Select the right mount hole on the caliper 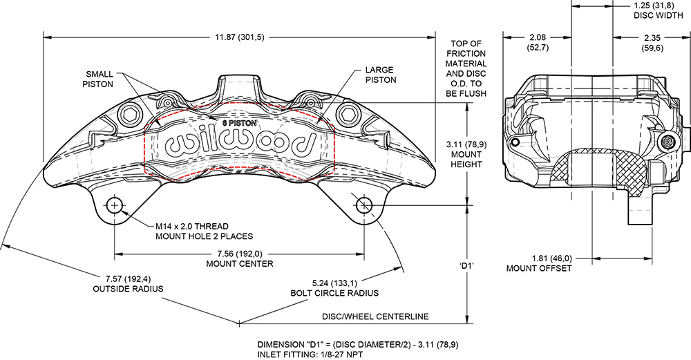coord(364,205)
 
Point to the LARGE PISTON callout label coord(379,75)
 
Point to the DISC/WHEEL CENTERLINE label coord(375,316)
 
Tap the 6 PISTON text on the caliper coord(238,122)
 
